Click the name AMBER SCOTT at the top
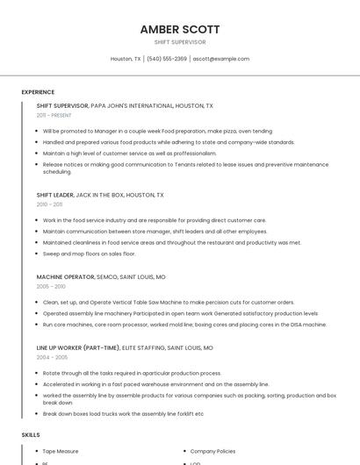tap(180, 29)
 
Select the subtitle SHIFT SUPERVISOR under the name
tap(180, 41)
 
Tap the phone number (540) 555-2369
tap(167, 59)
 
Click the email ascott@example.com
tap(221, 59)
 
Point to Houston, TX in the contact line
tap(126, 59)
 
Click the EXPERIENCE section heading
tap(38, 92)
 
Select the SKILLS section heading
tap(31, 434)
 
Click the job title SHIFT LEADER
tap(54, 195)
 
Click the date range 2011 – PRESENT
tap(54, 115)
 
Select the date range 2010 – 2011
tap(49, 204)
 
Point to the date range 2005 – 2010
tap(51, 286)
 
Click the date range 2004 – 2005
tap(51, 357)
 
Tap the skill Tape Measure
tap(61, 451)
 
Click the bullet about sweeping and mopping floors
tap(89, 254)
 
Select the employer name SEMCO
tap(107, 276)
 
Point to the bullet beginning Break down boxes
tap(123, 413)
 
